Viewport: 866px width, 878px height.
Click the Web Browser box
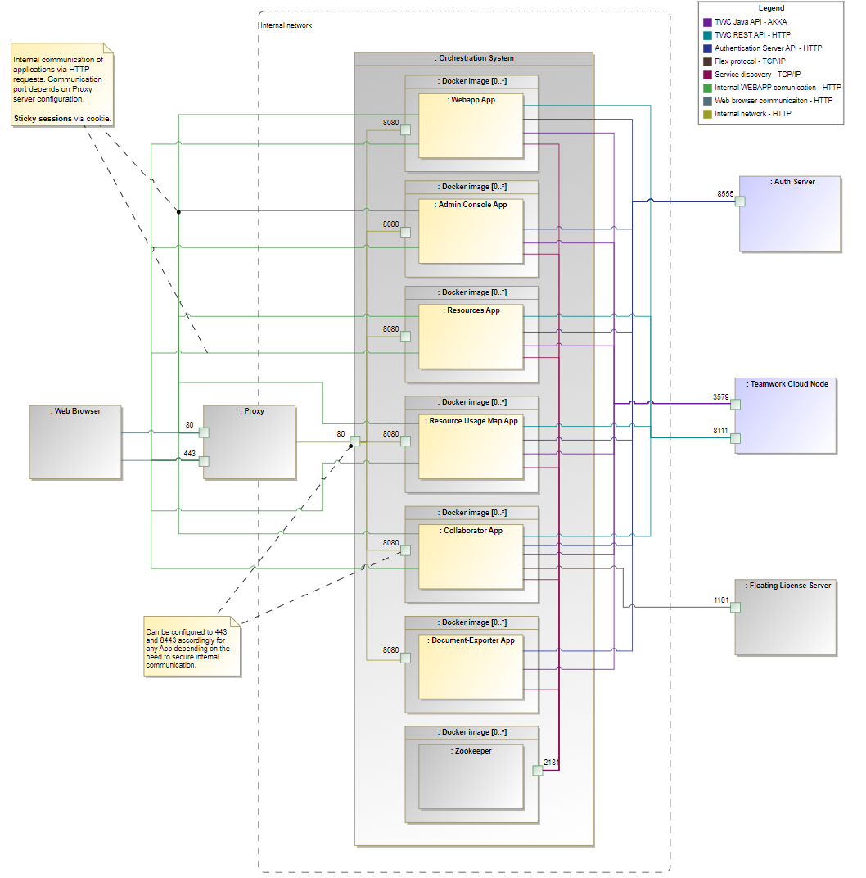[x=75, y=442]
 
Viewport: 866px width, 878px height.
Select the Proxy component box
[x=250, y=442]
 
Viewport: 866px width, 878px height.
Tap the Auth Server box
[x=790, y=214]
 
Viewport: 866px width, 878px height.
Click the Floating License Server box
[x=786, y=618]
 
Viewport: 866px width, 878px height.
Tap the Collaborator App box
[x=471, y=556]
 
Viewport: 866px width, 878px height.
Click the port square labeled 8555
[x=741, y=201]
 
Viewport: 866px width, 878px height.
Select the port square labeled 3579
[x=736, y=404]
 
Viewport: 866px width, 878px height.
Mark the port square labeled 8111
[x=736, y=438]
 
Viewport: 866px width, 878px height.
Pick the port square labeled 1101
[x=736, y=608]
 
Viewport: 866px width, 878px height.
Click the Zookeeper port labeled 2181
[x=537, y=770]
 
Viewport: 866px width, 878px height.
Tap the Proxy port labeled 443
[x=204, y=460]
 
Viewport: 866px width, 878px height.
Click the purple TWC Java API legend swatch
[x=707, y=22]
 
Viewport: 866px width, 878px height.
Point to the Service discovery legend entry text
[x=757, y=75]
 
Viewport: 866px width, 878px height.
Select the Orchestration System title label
[x=476, y=58]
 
